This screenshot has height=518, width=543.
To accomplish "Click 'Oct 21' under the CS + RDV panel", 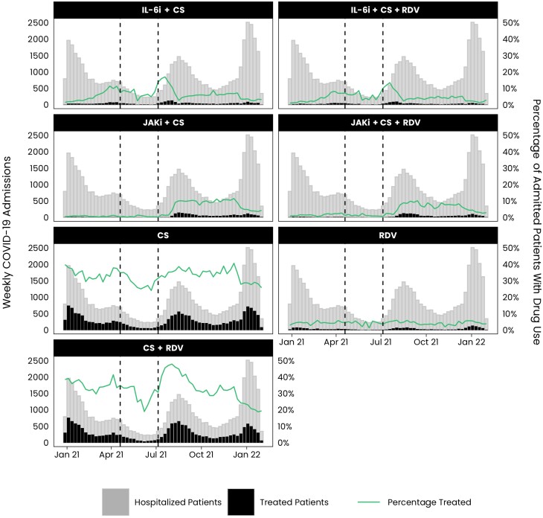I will [x=201, y=453].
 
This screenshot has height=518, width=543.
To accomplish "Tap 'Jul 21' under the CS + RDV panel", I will [x=157, y=453].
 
